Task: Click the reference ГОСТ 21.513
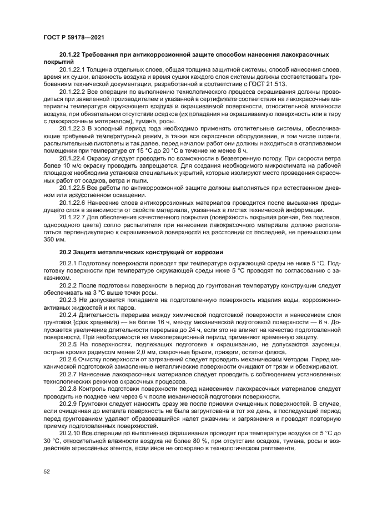267,83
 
